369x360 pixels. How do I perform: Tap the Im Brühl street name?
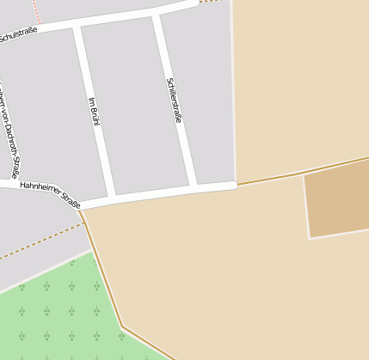click(95, 112)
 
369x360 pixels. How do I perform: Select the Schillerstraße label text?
click(174, 100)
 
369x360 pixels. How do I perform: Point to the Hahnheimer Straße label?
click(50, 194)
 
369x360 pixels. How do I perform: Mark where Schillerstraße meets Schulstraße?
click(157, 15)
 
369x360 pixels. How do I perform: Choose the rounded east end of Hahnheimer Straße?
click(232, 185)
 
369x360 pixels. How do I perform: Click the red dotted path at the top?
click(36, 10)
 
